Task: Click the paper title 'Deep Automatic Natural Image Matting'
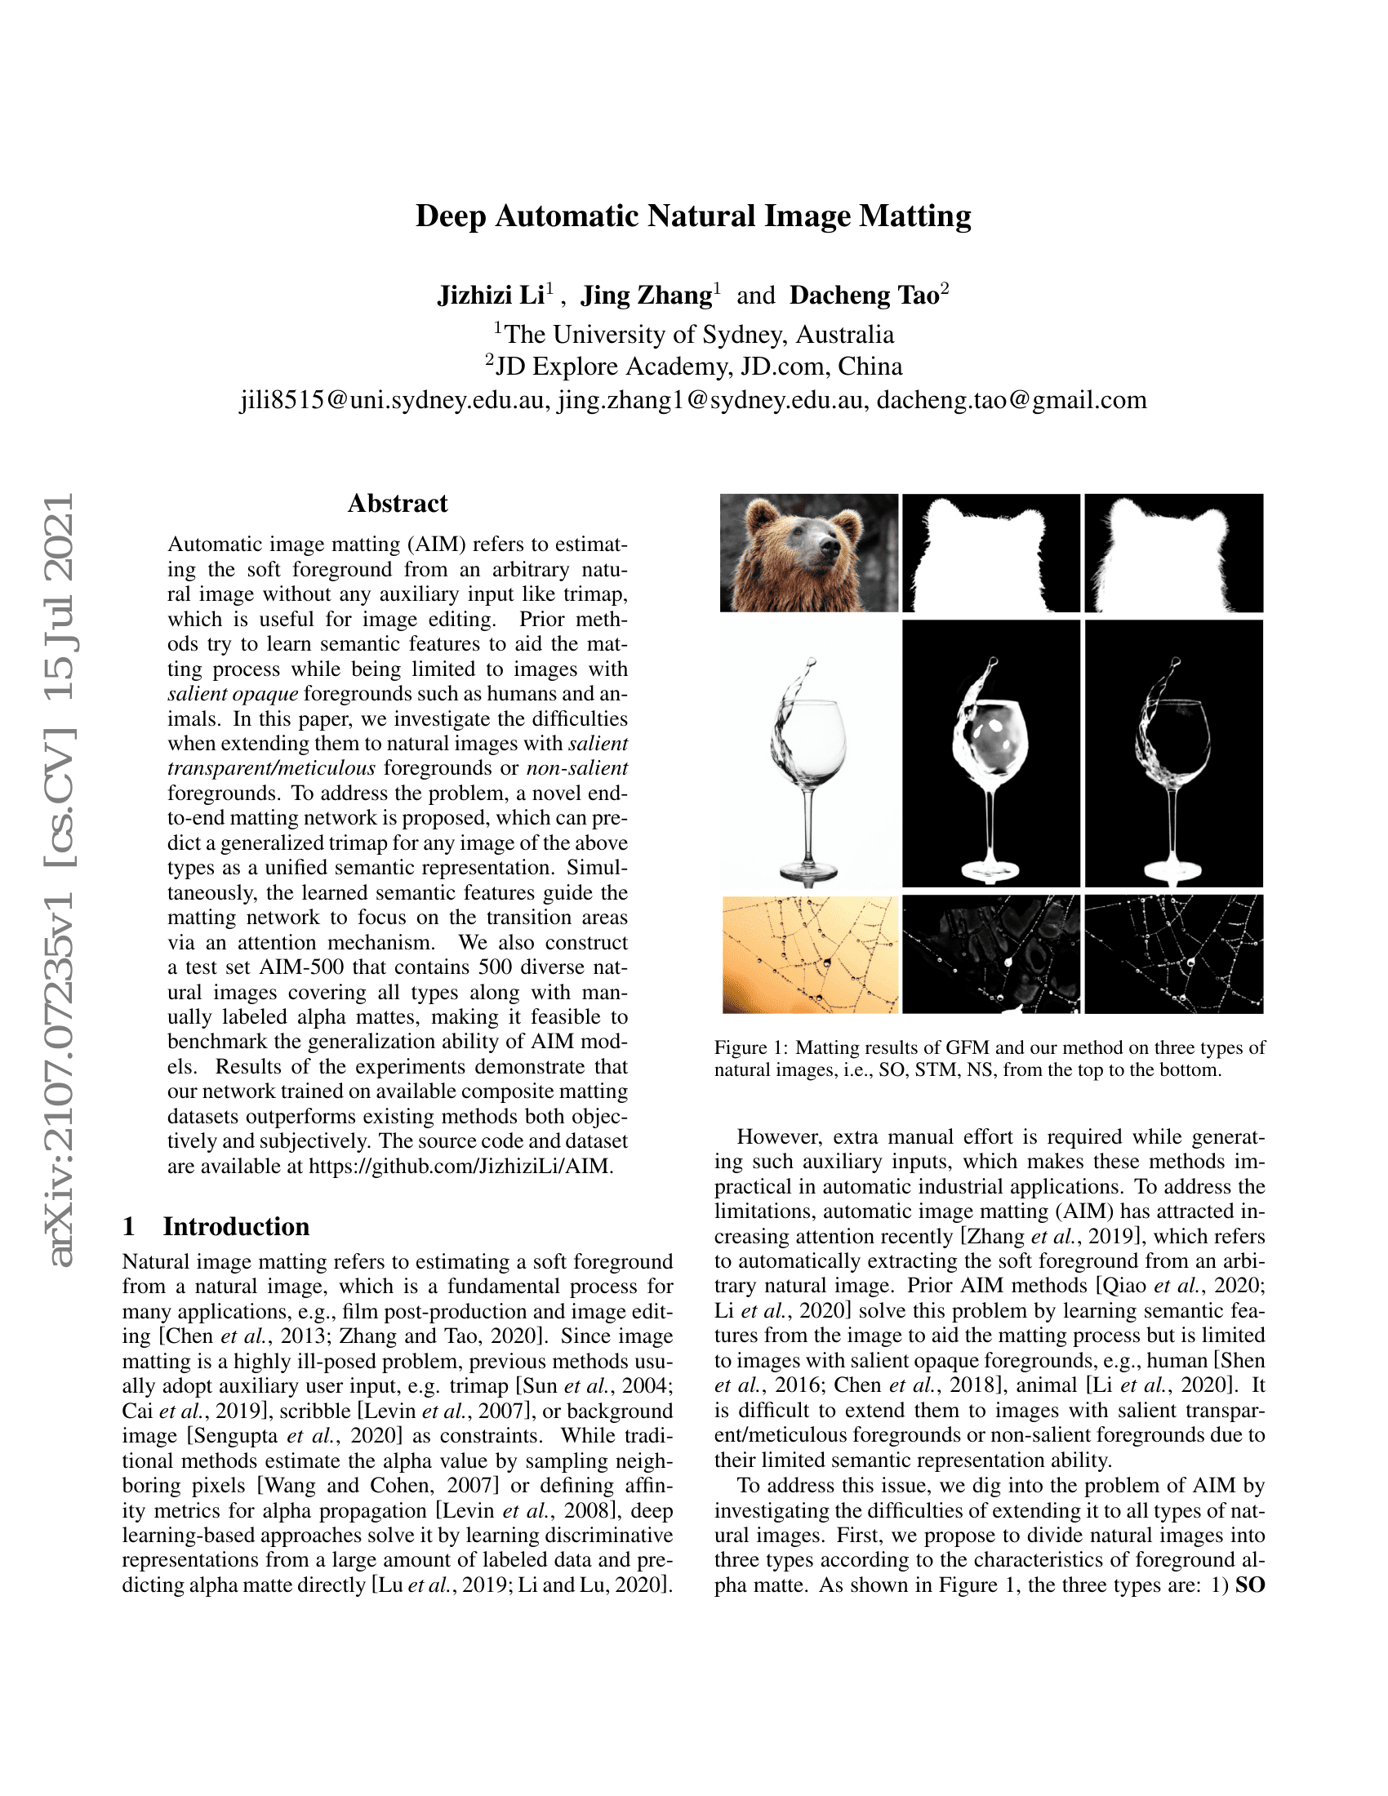693,216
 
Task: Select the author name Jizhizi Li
490,296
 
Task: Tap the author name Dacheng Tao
864,296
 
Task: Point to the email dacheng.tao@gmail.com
1012,401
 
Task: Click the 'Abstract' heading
397,503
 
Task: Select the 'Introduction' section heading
236,1226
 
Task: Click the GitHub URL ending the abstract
460,1166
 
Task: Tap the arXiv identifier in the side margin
61,880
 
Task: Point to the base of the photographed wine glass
808,871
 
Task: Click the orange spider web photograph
810,954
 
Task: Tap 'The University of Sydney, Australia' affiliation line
698,335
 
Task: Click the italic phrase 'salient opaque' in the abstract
233,693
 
